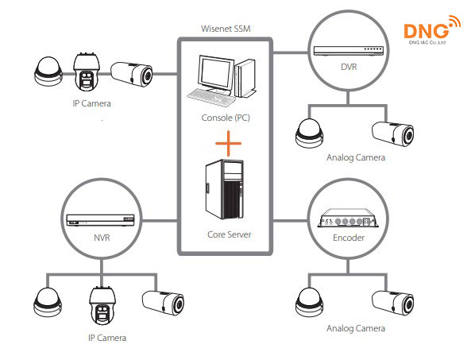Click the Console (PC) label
coord(226,119)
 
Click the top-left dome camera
coord(47,74)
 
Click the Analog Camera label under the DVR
coord(355,158)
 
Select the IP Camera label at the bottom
coord(106,338)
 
